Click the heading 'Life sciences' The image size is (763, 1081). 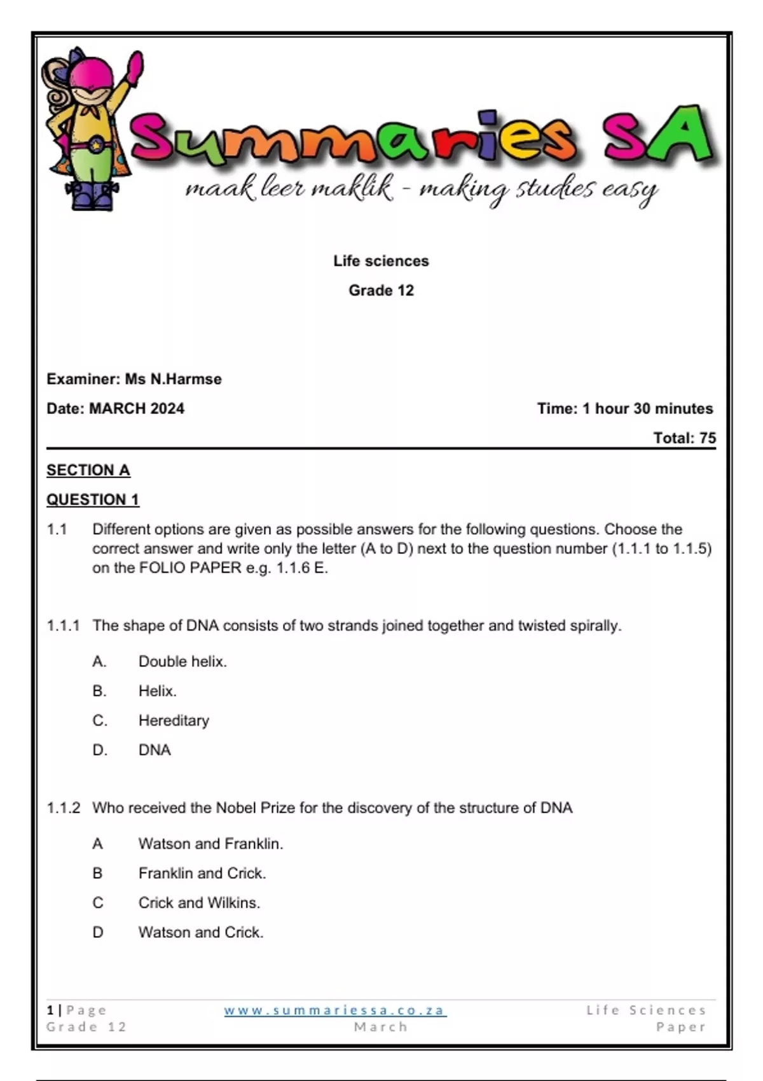[381, 261]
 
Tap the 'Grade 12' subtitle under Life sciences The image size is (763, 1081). [381, 291]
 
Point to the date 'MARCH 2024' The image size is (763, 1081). [137, 408]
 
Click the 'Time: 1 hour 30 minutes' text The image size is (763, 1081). [624, 408]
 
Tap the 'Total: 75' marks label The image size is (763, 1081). [684, 438]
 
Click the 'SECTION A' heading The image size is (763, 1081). [88, 470]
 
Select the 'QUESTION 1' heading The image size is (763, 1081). [93, 500]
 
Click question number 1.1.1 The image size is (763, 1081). [63, 626]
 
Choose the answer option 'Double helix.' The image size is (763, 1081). [182, 661]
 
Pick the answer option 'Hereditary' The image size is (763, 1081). [174, 720]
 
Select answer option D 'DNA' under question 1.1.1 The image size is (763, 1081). [155, 750]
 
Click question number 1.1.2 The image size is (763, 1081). [64, 808]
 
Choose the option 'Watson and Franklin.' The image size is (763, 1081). [210, 844]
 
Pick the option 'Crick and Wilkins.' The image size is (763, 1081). [199, 902]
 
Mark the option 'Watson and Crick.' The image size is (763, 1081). [201, 932]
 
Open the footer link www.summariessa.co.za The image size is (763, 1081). [335, 1010]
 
